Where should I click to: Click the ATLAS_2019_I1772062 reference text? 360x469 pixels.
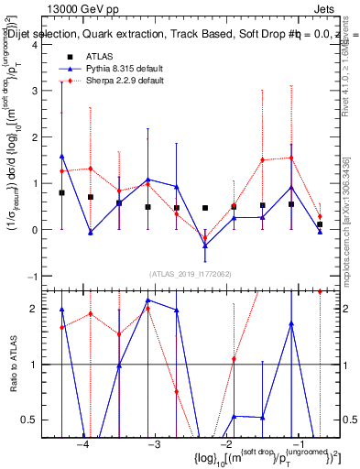click(191, 274)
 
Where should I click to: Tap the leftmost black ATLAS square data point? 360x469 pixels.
click(61, 193)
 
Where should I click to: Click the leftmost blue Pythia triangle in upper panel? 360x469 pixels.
click(61, 157)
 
